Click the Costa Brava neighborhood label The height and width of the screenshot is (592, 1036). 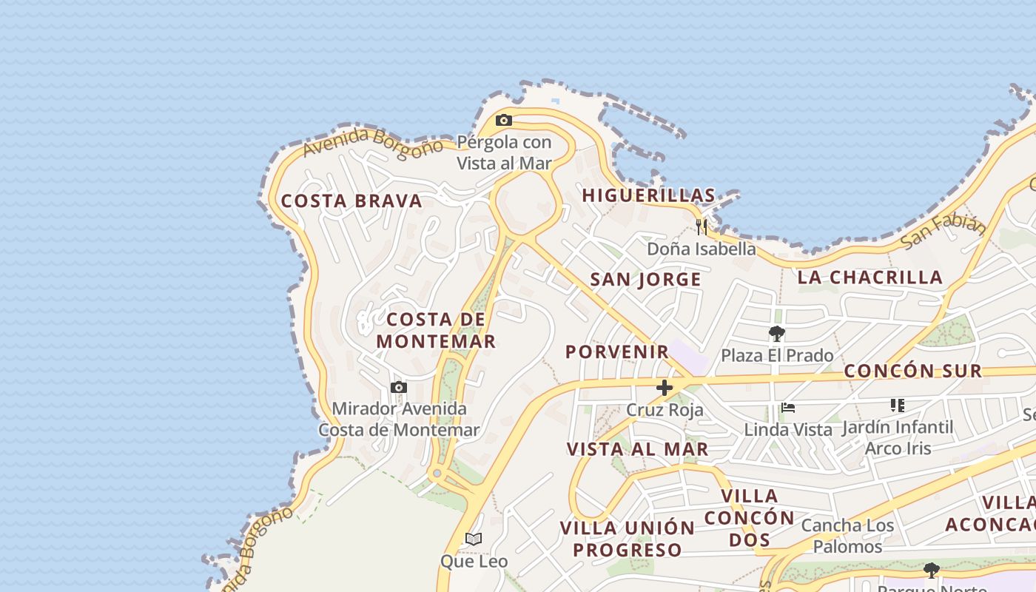click(351, 201)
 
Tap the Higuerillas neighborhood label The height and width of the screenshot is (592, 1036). click(648, 195)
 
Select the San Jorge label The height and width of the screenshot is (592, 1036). click(645, 279)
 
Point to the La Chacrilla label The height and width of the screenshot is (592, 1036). click(869, 277)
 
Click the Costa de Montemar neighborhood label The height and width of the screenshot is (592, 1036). click(436, 330)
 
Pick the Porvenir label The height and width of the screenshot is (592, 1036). click(617, 351)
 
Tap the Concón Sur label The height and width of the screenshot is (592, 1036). click(913, 371)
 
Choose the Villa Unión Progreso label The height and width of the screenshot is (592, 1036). click(628, 539)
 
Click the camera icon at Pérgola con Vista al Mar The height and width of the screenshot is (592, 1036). click(504, 120)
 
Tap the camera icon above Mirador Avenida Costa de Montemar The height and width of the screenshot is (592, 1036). click(399, 387)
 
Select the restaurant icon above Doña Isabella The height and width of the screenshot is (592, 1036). click(702, 226)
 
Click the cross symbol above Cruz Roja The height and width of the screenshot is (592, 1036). click(665, 387)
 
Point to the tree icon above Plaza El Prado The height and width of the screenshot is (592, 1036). click(776, 333)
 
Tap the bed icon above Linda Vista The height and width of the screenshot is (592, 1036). click(788, 407)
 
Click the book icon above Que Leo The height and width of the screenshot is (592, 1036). click(474, 539)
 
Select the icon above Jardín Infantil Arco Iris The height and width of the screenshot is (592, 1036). click(898, 405)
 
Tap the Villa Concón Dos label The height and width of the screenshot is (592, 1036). click(749, 517)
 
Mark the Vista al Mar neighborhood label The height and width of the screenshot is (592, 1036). click(637, 448)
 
